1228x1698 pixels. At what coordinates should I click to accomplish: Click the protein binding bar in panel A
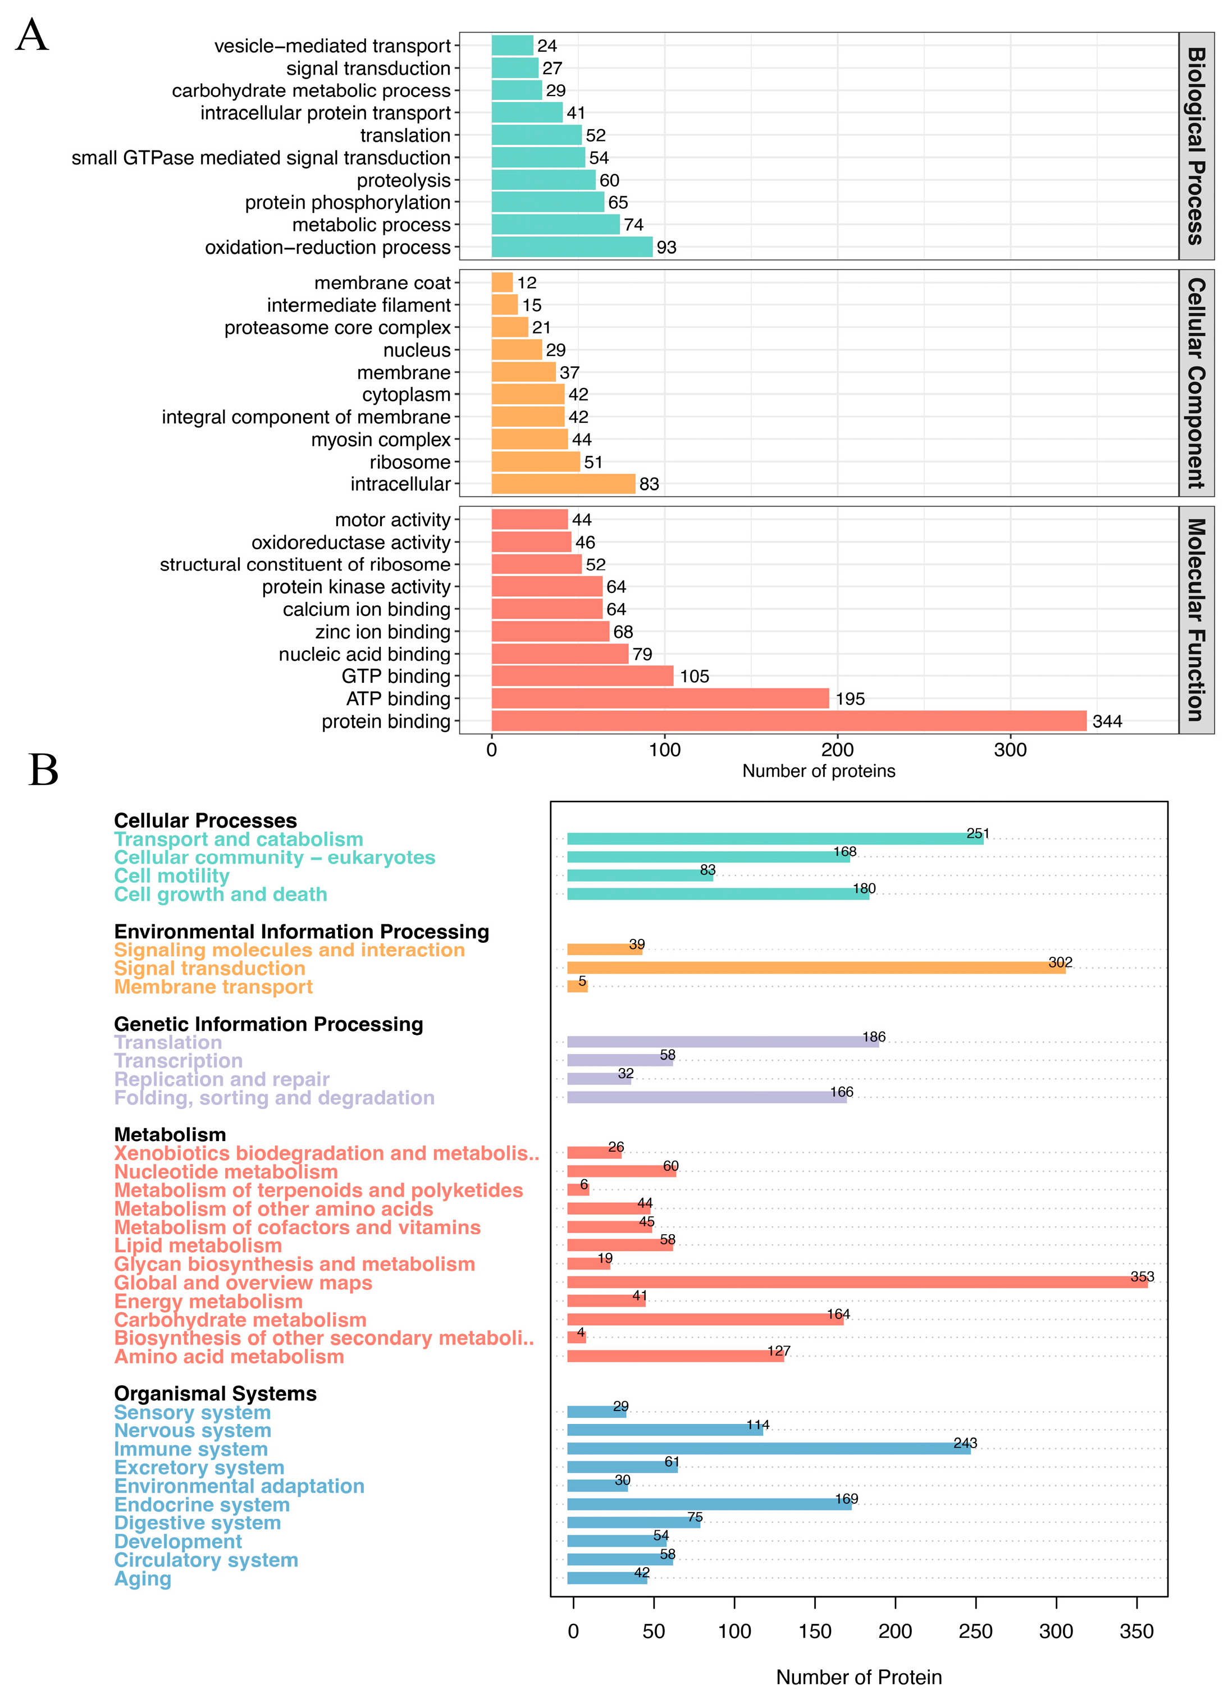click(x=788, y=721)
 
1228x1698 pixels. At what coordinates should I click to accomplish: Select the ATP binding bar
click(x=660, y=699)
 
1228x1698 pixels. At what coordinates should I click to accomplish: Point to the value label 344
click(x=1107, y=722)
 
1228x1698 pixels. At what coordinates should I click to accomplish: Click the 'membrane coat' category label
click(x=382, y=283)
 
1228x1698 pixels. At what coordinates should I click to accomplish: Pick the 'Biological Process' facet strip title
click(x=1196, y=146)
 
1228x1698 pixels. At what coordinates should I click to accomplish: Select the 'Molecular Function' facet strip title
click(x=1196, y=620)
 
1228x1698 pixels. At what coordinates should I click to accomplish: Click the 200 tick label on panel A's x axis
click(x=837, y=750)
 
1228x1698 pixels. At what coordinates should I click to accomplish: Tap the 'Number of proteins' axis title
click(x=819, y=771)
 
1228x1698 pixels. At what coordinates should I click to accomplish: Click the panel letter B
click(x=43, y=770)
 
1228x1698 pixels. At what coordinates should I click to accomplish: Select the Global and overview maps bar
click(x=857, y=1282)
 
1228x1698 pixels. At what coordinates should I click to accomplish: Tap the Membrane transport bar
click(x=577, y=987)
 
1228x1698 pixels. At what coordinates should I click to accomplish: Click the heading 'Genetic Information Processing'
click(x=268, y=1024)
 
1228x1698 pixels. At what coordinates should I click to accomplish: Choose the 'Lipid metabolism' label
click(x=198, y=1246)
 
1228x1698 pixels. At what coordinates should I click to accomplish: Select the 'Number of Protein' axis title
click(x=859, y=1677)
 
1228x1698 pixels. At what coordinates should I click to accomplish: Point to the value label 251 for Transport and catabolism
click(x=977, y=833)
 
